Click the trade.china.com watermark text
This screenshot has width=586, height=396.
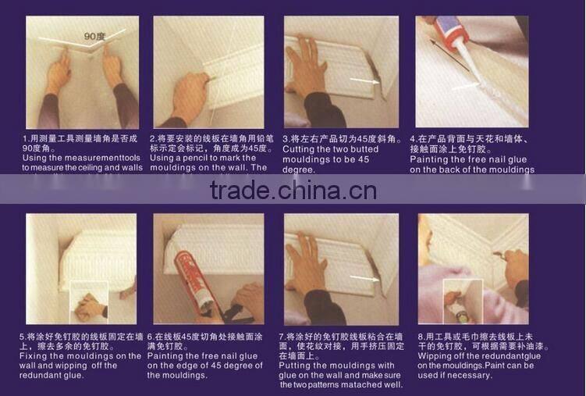coord(293,190)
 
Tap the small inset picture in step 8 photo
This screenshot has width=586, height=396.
coord(458,308)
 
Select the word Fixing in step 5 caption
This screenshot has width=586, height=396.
coord(35,356)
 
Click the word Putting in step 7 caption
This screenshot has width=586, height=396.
coord(300,366)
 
